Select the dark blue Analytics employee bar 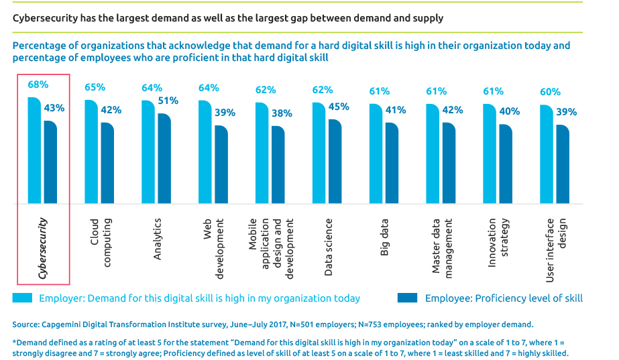[x=164, y=158]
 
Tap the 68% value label [x=38, y=85]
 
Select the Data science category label [x=328, y=237]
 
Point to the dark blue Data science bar [x=335, y=162]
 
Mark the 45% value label [x=339, y=107]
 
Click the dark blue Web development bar [x=221, y=165]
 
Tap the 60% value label [x=550, y=92]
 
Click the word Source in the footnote [x=26, y=324]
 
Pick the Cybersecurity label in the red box [x=44, y=247]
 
